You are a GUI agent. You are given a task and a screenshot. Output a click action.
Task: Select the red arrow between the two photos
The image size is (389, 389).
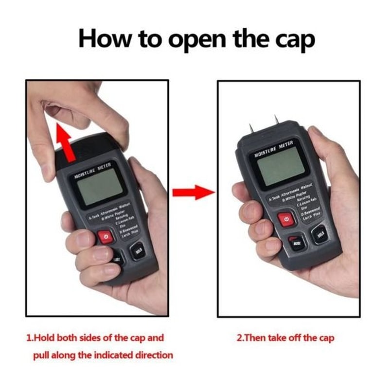tap(194, 191)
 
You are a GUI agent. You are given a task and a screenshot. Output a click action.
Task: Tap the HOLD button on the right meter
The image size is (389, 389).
tap(320, 235)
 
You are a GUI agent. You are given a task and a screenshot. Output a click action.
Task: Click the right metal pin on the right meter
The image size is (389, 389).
tap(276, 121)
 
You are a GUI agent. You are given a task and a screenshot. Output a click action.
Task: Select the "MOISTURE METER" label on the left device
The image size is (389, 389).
tap(92, 171)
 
